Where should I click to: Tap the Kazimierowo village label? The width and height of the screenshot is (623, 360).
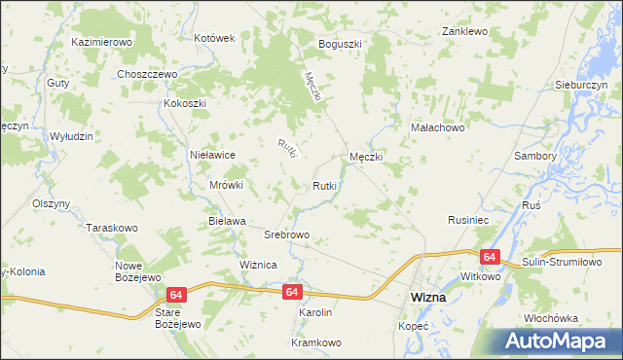click(x=101, y=44)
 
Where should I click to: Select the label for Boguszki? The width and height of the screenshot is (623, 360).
click(x=340, y=45)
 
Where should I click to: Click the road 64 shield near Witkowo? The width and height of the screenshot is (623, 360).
click(x=489, y=256)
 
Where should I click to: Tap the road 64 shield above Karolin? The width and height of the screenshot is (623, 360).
click(x=293, y=291)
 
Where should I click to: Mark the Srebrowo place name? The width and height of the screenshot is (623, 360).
click(x=287, y=235)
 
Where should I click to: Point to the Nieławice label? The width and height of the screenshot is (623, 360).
click(x=213, y=154)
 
